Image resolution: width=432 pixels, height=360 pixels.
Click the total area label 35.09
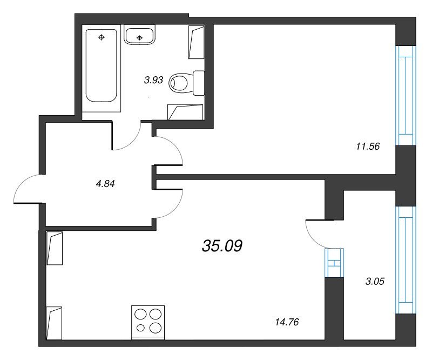[222, 246]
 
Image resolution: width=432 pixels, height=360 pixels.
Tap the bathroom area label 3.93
[153, 81]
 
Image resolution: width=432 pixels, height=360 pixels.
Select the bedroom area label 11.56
[368, 146]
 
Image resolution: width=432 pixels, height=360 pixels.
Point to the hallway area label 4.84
[105, 184]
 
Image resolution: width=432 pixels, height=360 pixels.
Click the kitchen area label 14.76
[287, 322]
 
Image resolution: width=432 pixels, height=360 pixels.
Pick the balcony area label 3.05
[375, 282]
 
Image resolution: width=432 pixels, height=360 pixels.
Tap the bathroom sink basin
[139, 35]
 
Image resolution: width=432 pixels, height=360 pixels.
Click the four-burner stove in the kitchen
[148, 322]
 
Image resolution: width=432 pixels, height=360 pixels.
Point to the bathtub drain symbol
[102, 37]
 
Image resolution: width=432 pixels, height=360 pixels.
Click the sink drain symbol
[139, 37]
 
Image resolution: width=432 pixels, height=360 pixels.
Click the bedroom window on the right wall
[406, 96]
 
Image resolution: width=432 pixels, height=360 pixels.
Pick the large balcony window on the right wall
[406, 260]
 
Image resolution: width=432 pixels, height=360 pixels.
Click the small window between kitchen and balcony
[334, 263]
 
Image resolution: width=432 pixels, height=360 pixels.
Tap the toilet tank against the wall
[199, 83]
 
